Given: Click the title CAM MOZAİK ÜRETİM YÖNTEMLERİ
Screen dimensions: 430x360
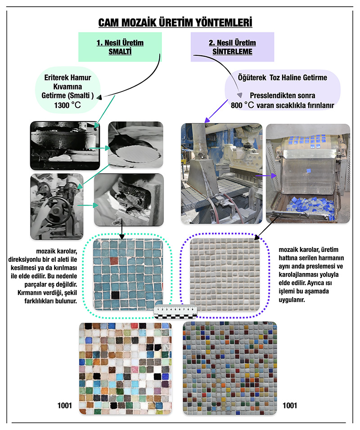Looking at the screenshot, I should click(x=175, y=22).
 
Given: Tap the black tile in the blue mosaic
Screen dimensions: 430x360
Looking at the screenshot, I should click(x=115, y=295).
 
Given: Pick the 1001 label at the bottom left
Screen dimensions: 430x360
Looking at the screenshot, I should click(x=65, y=406).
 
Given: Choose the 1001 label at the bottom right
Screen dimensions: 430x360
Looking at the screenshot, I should click(x=290, y=406).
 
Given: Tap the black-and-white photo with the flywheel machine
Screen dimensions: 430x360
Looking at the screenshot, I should click(x=56, y=206).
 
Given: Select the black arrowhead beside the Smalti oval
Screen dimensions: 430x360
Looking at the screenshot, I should click(x=99, y=96).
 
